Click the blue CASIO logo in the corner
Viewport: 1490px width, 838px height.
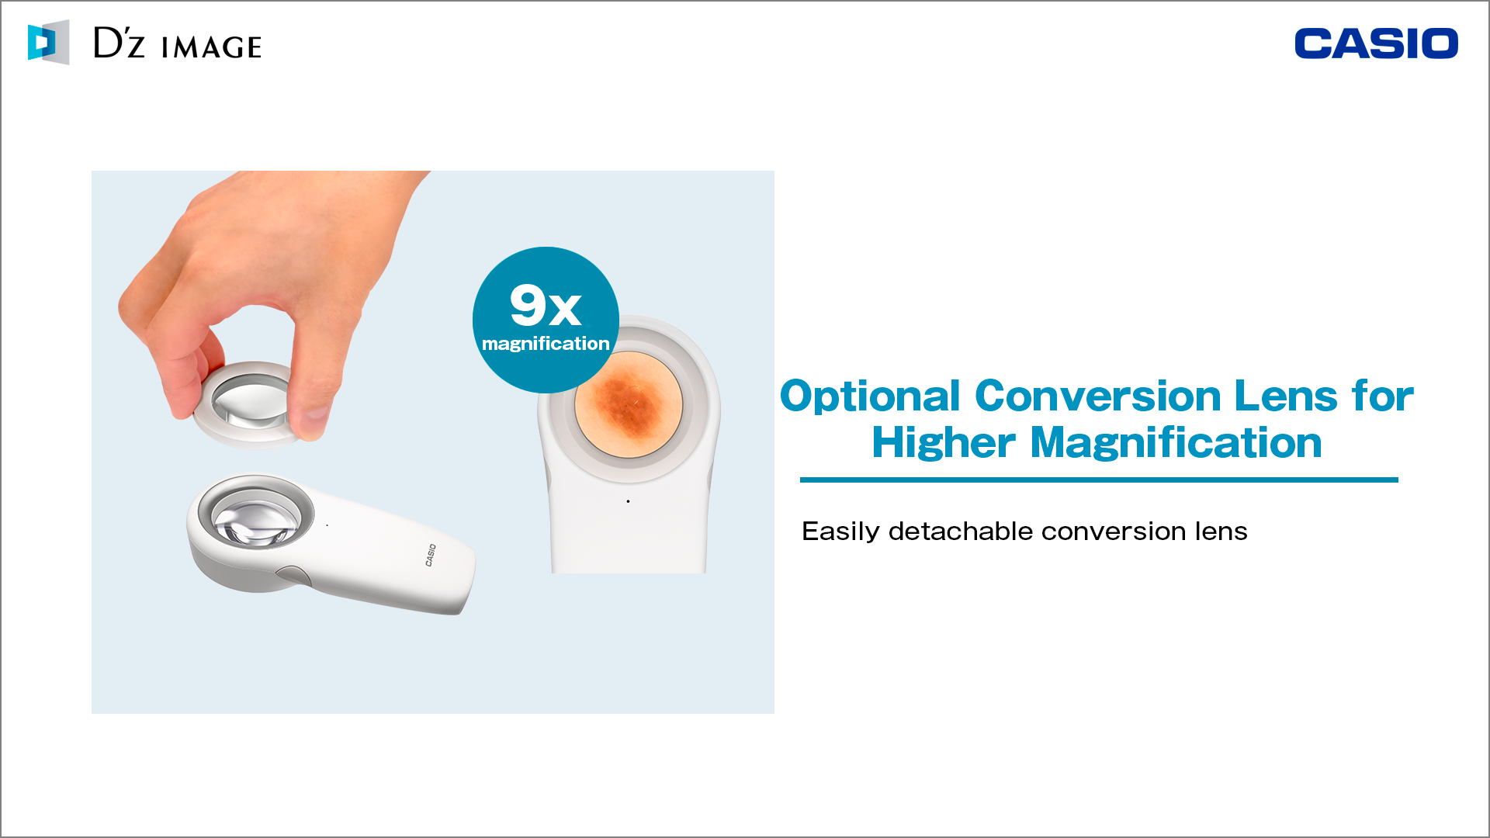1376,43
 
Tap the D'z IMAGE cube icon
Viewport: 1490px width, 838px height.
48,42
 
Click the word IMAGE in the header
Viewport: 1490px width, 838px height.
211,47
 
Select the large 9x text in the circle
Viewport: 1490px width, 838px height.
546,305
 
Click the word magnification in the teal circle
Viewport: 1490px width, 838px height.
546,344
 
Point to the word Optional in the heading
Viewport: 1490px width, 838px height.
870,397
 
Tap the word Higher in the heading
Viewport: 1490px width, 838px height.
944,444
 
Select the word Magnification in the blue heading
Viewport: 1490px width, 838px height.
1176,443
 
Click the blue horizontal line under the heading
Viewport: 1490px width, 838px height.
1099,480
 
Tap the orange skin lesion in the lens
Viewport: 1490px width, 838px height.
629,404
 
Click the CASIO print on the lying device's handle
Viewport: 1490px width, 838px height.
431,556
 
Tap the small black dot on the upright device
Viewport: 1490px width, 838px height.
628,501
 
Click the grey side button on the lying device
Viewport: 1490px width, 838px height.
293,575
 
